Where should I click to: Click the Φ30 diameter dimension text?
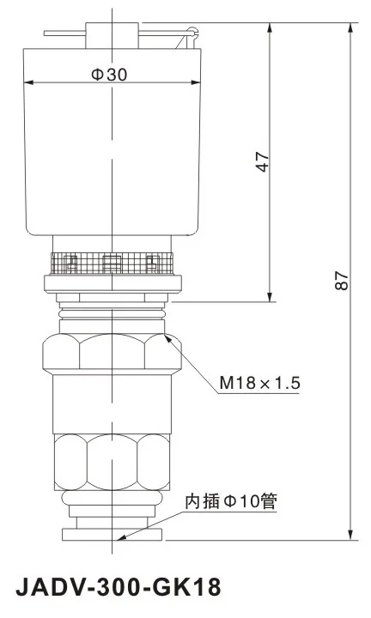[x=109, y=75]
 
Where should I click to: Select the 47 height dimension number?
[x=263, y=162]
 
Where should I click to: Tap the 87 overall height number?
[x=342, y=281]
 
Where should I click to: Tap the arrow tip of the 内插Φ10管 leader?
[x=121, y=539]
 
